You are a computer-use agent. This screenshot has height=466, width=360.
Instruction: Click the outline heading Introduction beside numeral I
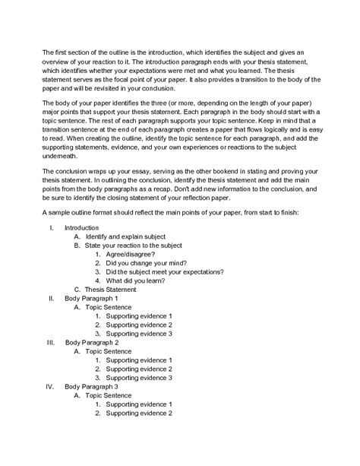click(81, 227)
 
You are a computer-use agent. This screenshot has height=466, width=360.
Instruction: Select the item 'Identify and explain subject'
click(125, 236)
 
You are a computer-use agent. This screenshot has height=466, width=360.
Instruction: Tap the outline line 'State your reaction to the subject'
click(134, 247)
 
